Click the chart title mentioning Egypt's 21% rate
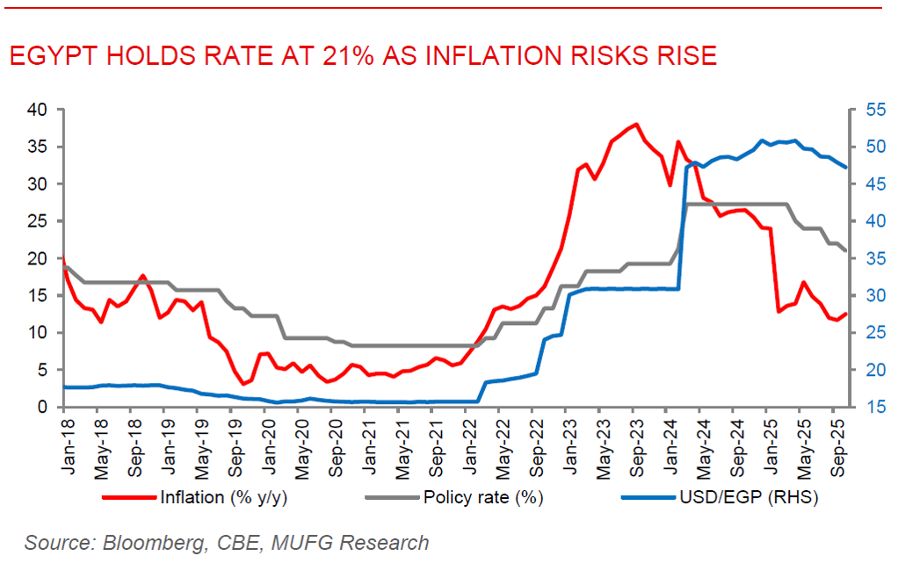pos(362,56)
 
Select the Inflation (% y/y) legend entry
pos(214,498)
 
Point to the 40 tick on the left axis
pos(36,111)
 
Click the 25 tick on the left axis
pos(36,221)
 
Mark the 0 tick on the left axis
pos(41,407)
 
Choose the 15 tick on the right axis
pos(873,407)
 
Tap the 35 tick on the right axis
pos(873,259)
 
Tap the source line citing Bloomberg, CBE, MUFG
pos(227,543)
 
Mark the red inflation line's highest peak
pos(635,125)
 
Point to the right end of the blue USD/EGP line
pos(845,167)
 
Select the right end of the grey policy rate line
pos(845,250)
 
